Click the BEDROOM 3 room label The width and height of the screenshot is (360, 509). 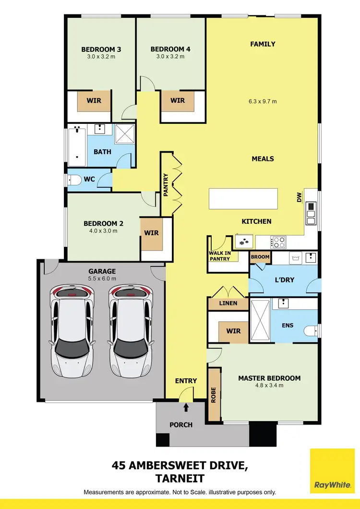pyautogui.click(x=101, y=49)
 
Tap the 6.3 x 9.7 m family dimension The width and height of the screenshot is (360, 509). pyautogui.click(x=263, y=101)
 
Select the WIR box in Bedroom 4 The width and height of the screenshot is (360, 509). pyautogui.click(x=178, y=101)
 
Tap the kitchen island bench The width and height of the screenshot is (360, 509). pyautogui.click(x=243, y=198)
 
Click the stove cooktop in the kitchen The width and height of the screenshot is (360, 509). pyautogui.click(x=278, y=242)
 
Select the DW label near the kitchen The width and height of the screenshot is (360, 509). pyautogui.click(x=299, y=197)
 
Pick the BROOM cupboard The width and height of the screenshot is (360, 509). pyautogui.click(x=260, y=257)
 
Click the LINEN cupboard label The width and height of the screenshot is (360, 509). pyautogui.click(x=228, y=304)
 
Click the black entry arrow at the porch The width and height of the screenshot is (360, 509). pyautogui.click(x=186, y=408)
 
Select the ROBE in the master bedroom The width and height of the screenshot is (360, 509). pyautogui.click(x=214, y=394)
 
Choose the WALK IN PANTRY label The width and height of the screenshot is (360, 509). pyautogui.click(x=219, y=256)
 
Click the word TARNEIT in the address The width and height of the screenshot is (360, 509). pyautogui.click(x=180, y=478)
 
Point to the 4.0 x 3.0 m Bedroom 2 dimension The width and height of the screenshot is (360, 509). pyautogui.click(x=103, y=231)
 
